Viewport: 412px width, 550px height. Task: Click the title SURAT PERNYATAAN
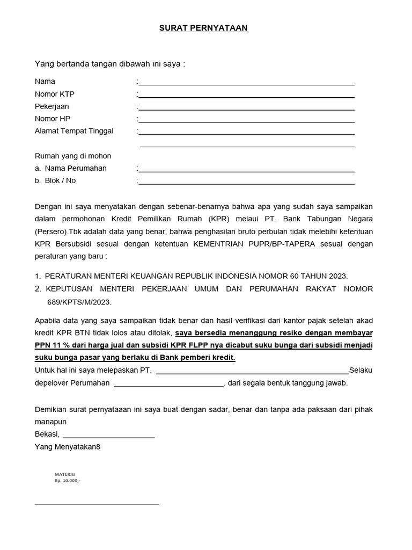pyautogui.click(x=203, y=28)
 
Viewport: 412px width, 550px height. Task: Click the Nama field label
pyautogui.click(x=45, y=82)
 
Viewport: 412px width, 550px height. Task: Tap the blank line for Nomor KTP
pyautogui.click(x=246, y=97)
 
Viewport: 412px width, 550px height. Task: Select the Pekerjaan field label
pyautogui.click(x=52, y=106)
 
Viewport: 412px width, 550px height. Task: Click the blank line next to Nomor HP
pyautogui.click(x=246, y=122)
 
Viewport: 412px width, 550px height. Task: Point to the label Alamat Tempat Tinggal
pyautogui.click(x=74, y=131)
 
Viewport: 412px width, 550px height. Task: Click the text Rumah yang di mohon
pyautogui.click(x=73, y=156)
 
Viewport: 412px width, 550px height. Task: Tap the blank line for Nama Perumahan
pyautogui.click(x=246, y=171)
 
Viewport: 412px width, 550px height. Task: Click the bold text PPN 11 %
pyautogui.click(x=54, y=345)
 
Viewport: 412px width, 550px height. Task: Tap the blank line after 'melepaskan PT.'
pyautogui.click(x=252, y=372)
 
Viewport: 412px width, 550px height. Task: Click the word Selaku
pyautogui.click(x=360, y=370)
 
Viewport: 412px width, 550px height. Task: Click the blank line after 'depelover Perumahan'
pyautogui.click(x=169, y=385)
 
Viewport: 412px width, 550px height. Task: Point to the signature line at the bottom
pyautogui.click(x=97, y=504)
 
